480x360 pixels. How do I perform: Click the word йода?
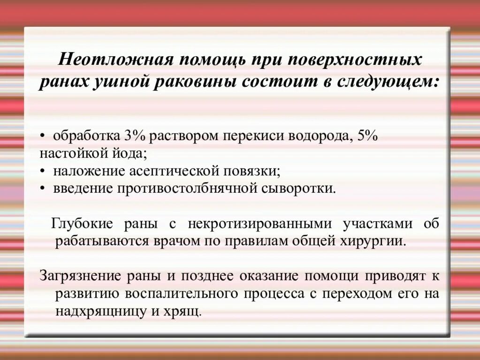coord(127,153)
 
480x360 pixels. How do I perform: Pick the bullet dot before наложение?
coord(43,171)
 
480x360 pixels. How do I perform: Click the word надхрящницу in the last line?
coord(99,311)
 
